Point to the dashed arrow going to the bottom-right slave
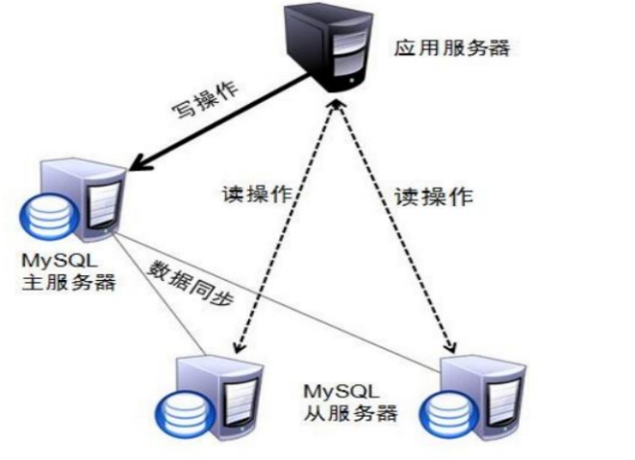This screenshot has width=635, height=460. click(394, 231)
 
